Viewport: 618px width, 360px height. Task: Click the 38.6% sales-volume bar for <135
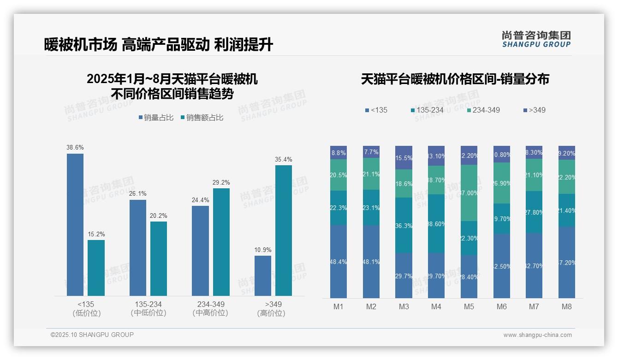[75, 224]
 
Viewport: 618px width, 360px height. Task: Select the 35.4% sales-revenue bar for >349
[284, 230]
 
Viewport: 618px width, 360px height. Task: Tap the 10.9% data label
[263, 250]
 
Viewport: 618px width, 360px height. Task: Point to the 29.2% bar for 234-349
[221, 242]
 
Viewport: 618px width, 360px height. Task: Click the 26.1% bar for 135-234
[138, 247]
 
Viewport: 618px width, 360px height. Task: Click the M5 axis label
[469, 306]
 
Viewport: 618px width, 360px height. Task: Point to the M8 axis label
[567, 306]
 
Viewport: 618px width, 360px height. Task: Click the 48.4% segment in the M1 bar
[339, 261]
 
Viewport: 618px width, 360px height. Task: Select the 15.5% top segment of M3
[404, 157]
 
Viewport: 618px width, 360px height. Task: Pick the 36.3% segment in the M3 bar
[404, 225]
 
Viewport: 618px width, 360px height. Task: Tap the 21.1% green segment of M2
[371, 174]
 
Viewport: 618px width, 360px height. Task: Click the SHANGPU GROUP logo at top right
[536, 39]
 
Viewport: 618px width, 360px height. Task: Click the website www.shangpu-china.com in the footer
[537, 335]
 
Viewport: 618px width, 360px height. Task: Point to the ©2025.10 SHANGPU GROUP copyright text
[92, 335]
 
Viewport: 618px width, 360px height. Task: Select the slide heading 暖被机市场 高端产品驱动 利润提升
[159, 45]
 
